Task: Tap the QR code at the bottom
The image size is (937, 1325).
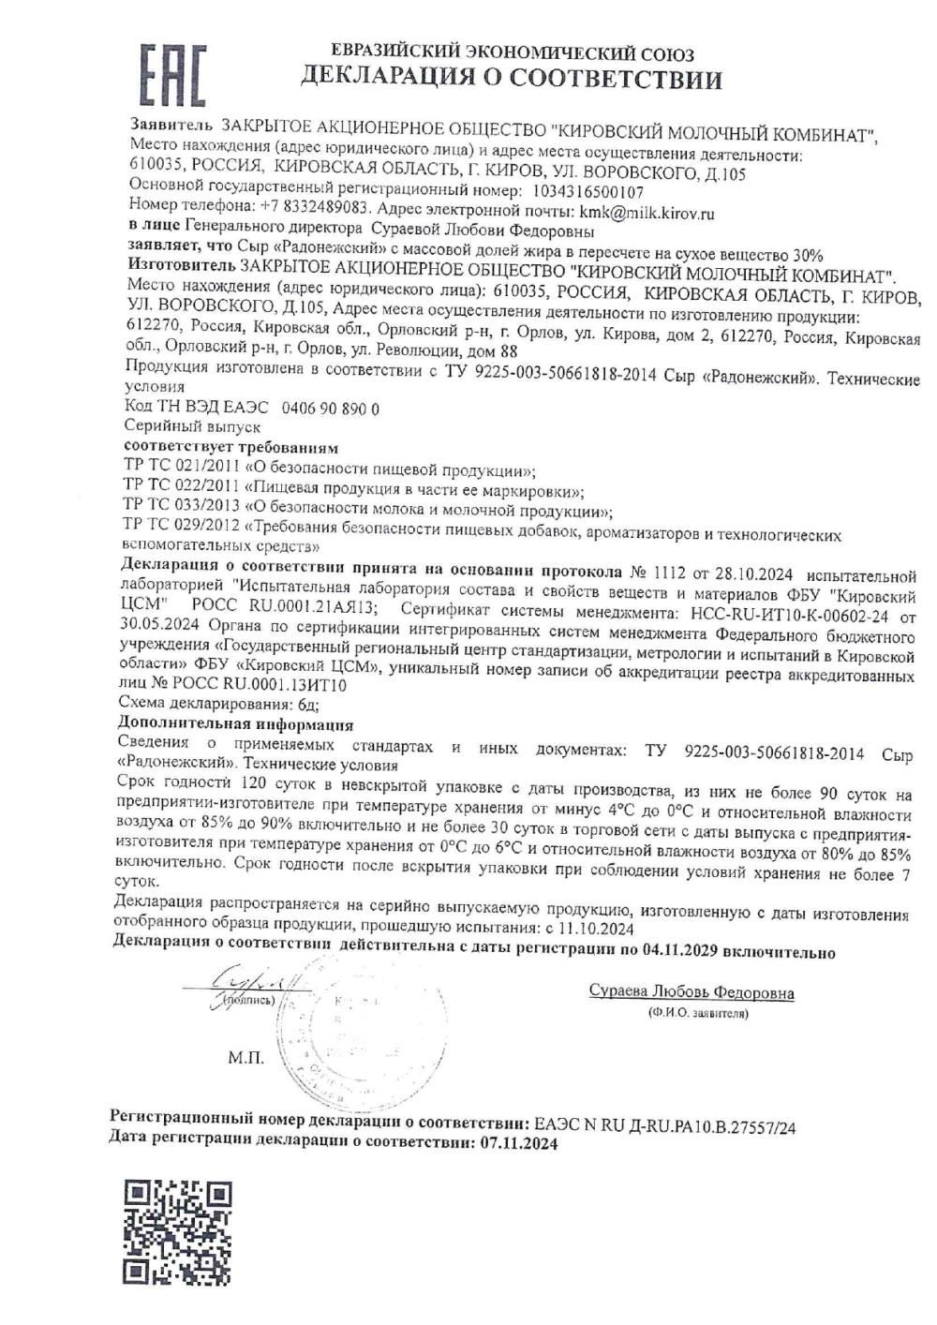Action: (x=178, y=1231)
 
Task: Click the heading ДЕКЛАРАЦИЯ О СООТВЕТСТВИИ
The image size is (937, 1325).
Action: (x=511, y=79)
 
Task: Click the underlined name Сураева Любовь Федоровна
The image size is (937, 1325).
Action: (x=692, y=993)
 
